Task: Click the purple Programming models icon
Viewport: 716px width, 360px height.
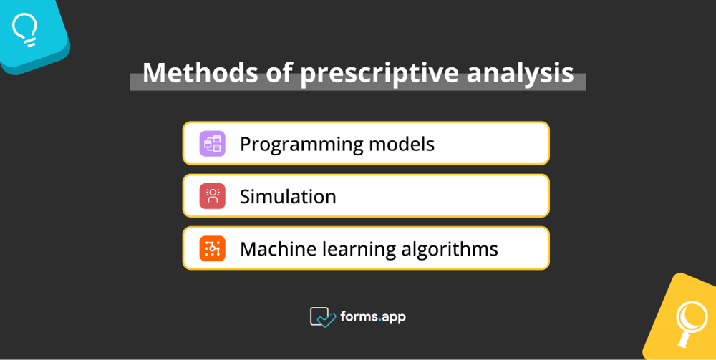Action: [213, 144]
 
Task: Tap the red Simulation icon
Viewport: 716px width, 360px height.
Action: [213, 196]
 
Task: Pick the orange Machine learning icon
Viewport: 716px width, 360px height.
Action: [213, 248]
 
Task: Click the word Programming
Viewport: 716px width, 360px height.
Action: [301, 145]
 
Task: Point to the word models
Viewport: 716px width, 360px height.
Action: [402, 144]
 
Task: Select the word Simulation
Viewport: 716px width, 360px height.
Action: [288, 197]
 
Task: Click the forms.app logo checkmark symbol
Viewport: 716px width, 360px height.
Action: [322, 317]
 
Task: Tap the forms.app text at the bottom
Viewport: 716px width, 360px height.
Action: [372, 316]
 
